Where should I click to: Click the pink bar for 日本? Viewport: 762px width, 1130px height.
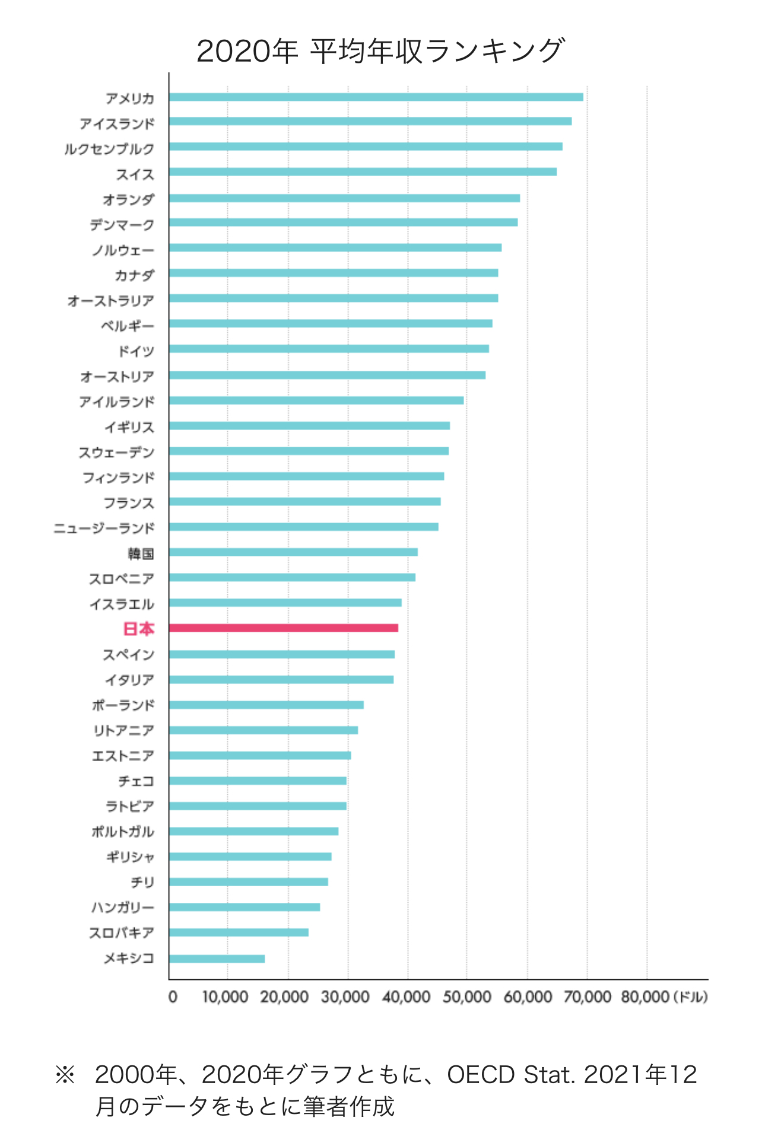pyautogui.click(x=283, y=628)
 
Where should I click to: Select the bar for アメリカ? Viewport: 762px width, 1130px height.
pyautogui.click(x=376, y=97)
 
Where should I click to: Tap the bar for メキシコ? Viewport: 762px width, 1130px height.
pyautogui.click(x=217, y=959)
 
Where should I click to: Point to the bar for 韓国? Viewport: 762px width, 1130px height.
pyautogui.click(x=293, y=552)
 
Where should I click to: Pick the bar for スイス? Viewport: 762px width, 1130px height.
pyautogui.click(x=363, y=172)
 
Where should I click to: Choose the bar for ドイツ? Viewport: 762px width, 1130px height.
pyautogui.click(x=329, y=349)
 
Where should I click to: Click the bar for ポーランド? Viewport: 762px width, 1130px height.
pyautogui.click(x=266, y=705)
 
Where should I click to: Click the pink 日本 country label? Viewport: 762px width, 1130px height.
pyautogui.click(x=138, y=629)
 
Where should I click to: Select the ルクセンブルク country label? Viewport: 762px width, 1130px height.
pyautogui.click(x=109, y=149)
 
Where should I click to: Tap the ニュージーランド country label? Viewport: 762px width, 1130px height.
pyautogui.click(x=104, y=528)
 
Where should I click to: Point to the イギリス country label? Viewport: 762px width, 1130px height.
pyautogui.click(x=129, y=427)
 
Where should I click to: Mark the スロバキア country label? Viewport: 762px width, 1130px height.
pyautogui.click(x=121, y=933)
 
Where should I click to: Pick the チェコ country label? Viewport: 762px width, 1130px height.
pyautogui.click(x=136, y=781)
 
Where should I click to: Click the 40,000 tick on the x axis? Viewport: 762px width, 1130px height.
pyautogui.click(x=406, y=997)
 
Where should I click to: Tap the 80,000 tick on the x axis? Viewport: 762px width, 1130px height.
pyautogui.click(x=645, y=997)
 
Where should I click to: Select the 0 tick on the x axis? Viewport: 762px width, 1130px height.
pyautogui.click(x=173, y=997)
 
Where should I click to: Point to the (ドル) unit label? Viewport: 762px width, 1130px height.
pyautogui.click(x=691, y=997)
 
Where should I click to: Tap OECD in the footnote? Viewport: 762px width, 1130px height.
pyautogui.click(x=481, y=1075)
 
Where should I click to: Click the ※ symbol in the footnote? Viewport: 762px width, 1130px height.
pyautogui.click(x=65, y=1075)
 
